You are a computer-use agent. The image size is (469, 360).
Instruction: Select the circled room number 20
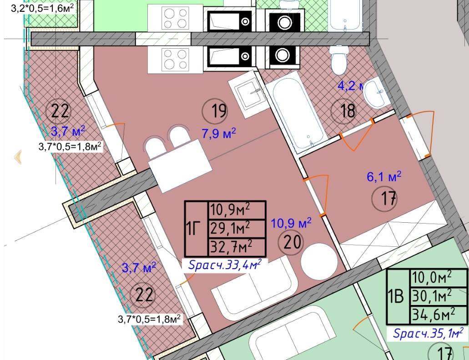(x=291, y=242)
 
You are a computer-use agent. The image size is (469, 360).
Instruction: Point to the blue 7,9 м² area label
(x=219, y=133)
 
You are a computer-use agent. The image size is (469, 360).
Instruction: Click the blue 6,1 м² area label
(x=384, y=176)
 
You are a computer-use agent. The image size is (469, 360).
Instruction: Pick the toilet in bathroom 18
(x=339, y=60)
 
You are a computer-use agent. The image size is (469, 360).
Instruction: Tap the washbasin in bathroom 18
(x=375, y=93)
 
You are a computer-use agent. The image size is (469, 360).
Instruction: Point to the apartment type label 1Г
(x=193, y=229)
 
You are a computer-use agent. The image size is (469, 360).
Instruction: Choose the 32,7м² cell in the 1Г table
(x=231, y=247)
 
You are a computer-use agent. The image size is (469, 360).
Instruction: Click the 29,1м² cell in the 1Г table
(x=230, y=229)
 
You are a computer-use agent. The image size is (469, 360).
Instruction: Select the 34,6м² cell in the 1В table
(x=434, y=315)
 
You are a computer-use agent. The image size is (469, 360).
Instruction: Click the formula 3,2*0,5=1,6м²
(x=42, y=8)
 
